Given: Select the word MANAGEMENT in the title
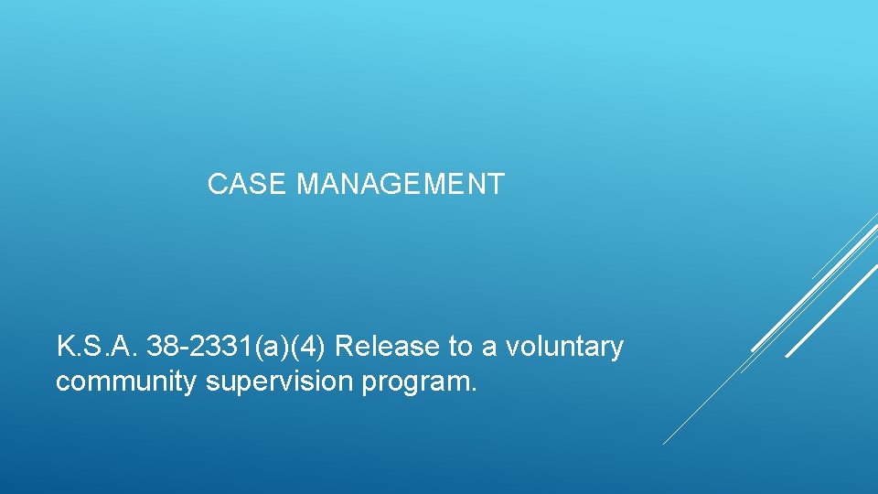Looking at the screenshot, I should pos(401,185).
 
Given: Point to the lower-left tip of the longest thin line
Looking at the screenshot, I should pos(664,444).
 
